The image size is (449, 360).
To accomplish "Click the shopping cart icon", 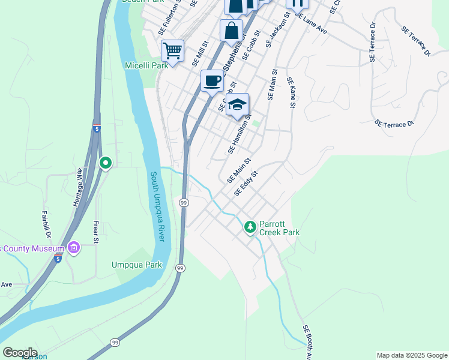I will [x=172, y=50].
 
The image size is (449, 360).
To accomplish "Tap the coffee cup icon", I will [x=211, y=80].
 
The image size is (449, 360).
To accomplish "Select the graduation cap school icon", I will [x=237, y=104].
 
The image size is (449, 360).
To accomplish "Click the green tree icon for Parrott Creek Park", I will [x=250, y=227].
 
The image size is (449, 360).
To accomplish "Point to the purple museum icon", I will [x=74, y=247].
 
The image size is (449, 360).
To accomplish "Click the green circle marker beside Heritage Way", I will [x=106, y=163].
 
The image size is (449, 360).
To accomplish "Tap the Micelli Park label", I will [x=146, y=65].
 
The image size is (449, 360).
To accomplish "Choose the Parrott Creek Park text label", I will [x=279, y=227].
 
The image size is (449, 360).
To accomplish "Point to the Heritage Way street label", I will [x=78, y=188].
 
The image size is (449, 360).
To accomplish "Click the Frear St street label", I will [x=95, y=231].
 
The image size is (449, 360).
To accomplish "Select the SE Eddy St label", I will [x=246, y=184].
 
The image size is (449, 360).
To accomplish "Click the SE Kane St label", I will [x=291, y=92].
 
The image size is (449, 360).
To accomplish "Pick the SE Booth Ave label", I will [x=307, y=342].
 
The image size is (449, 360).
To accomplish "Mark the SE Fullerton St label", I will [x=169, y=19].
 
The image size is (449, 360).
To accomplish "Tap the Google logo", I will [x=19, y=353].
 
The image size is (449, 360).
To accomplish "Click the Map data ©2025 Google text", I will [x=412, y=355].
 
